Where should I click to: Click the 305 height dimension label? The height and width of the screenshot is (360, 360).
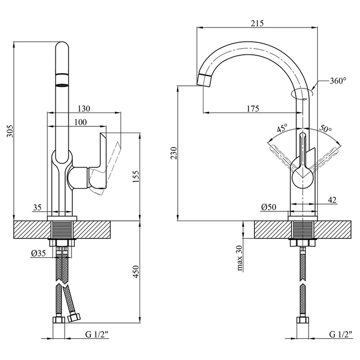pyautogui.click(x=10, y=131)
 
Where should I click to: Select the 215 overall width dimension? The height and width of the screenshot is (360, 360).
pyautogui.click(x=257, y=23)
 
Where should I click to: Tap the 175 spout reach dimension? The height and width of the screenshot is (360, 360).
pyautogui.click(x=253, y=109)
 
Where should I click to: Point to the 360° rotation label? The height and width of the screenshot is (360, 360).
pyautogui.click(x=338, y=81)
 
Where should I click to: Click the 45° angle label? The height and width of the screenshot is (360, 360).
pyautogui.click(x=282, y=128)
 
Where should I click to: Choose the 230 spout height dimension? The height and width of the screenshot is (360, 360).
pyautogui.click(x=174, y=153)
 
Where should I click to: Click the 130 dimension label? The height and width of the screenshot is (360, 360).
pyautogui.click(x=84, y=109)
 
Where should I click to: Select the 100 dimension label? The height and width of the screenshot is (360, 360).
pyautogui.click(x=81, y=122)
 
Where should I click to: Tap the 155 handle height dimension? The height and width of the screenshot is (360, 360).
pyautogui.click(x=135, y=177)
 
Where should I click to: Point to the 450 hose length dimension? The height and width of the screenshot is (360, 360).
pyautogui.click(x=136, y=271)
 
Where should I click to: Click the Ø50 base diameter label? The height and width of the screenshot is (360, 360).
pyautogui.click(x=269, y=207)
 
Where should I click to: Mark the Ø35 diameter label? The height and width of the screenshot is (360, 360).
pyautogui.click(x=38, y=253)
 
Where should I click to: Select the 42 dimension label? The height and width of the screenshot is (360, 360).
pyautogui.click(x=332, y=200)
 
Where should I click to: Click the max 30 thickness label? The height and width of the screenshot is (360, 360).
pyautogui.click(x=239, y=258)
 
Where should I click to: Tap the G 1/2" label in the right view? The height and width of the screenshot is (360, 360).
pyautogui.click(x=341, y=334)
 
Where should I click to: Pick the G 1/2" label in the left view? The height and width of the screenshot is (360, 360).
pyautogui.click(x=97, y=334)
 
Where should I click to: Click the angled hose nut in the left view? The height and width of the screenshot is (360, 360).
pyautogui.click(x=74, y=318)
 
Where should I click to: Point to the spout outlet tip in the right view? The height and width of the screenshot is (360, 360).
pyautogui.click(x=203, y=81)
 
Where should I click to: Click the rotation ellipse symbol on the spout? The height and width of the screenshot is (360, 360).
pyautogui.click(x=302, y=94)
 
